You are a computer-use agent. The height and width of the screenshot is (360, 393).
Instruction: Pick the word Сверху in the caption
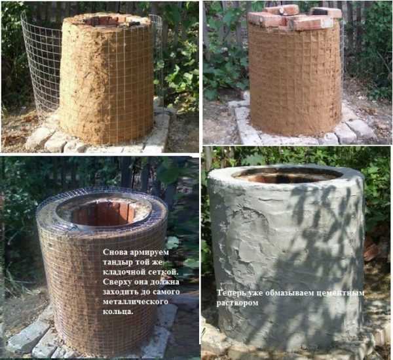click(117, 282)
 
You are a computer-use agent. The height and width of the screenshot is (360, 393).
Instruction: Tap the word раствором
click(237, 304)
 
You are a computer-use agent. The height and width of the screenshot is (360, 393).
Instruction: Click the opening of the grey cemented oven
click(288, 175)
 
